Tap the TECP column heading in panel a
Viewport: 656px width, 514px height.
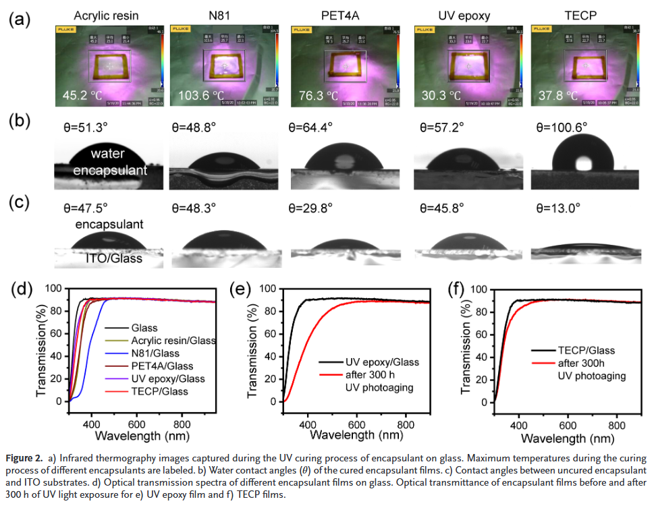coord(580,15)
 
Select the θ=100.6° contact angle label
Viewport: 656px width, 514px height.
coord(562,127)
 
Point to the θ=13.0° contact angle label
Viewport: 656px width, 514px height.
coord(557,208)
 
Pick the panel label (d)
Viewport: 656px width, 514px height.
coord(21,289)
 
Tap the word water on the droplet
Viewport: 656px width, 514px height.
coord(107,154)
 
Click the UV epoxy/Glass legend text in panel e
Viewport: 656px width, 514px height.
coord(382,362)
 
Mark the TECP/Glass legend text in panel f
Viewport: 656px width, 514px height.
coord(586,350)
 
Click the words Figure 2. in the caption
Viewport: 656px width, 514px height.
coord(24,459)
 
